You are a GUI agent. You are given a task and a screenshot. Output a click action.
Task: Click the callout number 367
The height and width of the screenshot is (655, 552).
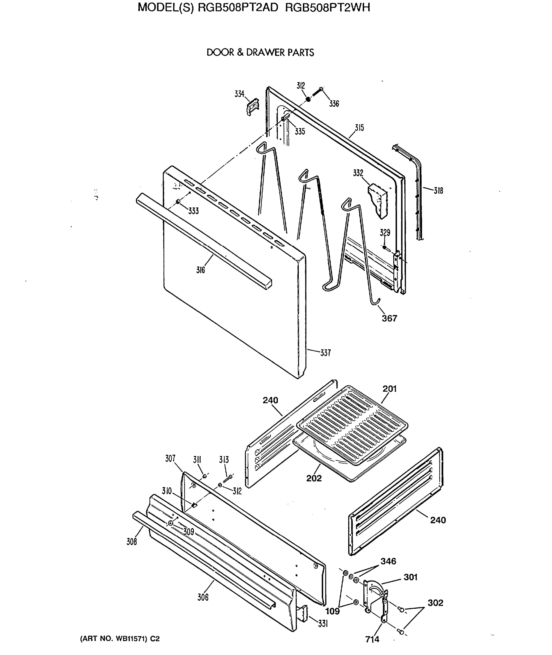(x=389, y=318)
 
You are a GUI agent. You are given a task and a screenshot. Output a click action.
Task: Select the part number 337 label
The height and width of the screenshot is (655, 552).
(x=325, y=353)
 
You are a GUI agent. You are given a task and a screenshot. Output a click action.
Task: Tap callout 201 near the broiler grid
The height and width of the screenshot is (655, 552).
(x=389, y=389)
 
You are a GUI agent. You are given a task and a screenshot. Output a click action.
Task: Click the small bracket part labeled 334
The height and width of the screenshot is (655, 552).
(x=253, y=107)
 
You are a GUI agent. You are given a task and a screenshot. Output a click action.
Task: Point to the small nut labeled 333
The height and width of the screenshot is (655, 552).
(x=178, y=201)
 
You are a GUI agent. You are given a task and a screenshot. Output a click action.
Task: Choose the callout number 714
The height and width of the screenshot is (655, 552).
(x=372, y=639)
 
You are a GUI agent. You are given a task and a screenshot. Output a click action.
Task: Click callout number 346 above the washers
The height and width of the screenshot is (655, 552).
(x=388, y=561)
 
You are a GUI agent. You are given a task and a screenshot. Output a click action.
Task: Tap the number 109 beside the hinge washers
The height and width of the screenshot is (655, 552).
(x=332, y=611)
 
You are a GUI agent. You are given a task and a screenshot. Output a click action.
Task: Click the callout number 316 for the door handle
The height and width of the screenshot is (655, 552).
(x=200, y=270)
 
